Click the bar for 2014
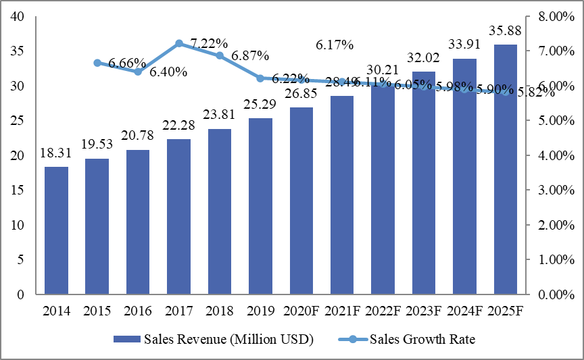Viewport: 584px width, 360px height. [56, 230]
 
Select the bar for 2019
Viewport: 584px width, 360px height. [261, 206]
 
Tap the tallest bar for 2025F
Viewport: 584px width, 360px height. [506, 170]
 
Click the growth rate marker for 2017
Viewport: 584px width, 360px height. [179, 43]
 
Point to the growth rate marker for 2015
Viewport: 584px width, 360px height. [97, 63]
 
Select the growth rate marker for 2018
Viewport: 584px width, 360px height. [220, 55]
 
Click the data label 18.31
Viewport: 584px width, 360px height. [56, 154]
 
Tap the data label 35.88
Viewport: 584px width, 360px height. [506, 32]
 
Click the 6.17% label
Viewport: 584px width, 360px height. [335, 45]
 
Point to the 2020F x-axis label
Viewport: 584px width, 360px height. [301, 311]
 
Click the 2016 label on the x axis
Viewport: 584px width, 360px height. [138, 311]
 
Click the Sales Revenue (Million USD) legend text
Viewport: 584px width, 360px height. [228, 339]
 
